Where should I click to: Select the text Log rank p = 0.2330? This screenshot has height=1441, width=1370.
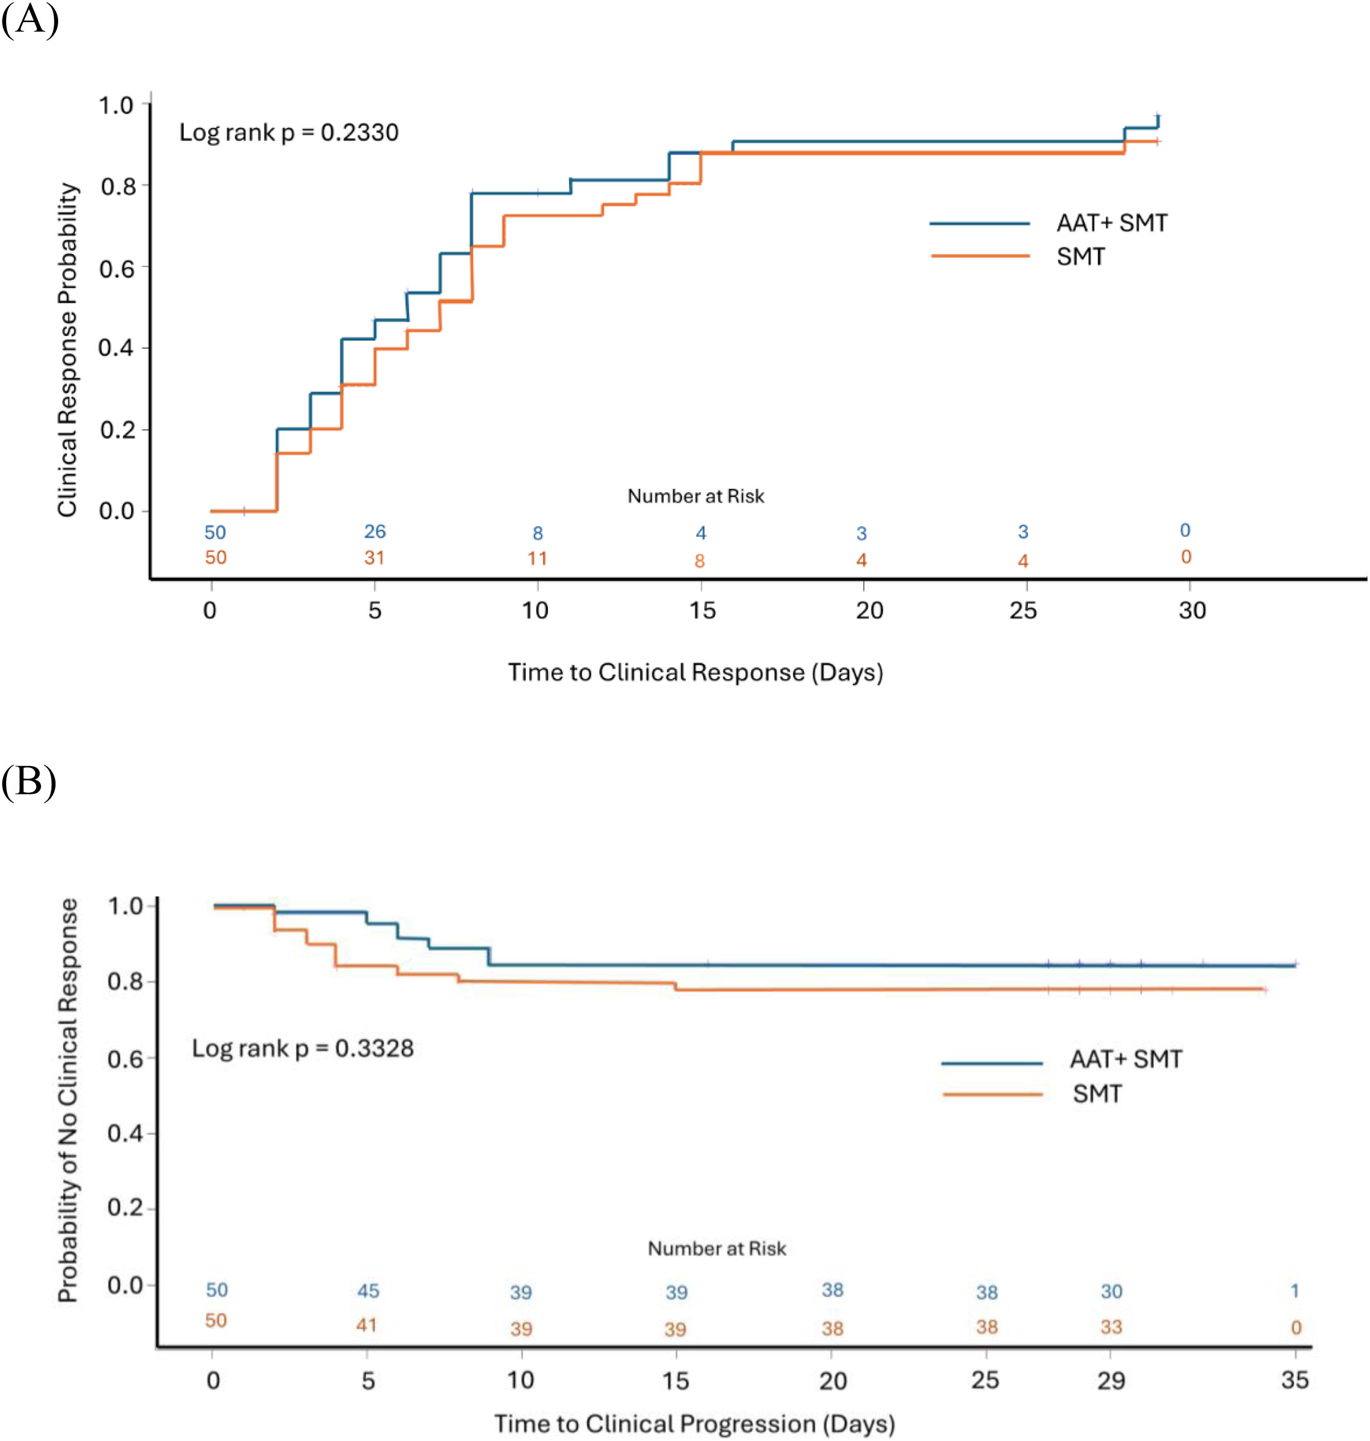(x=289, y=132)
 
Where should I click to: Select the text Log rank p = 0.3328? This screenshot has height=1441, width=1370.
(x=302, y=1048)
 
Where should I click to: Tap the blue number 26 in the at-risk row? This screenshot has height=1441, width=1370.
(x=375, y=531)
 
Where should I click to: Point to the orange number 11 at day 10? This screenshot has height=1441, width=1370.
(x=538, y=559)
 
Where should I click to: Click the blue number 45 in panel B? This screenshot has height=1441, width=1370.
(x=368, y=1290)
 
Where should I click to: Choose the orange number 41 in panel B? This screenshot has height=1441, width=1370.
(x=367, y=1324)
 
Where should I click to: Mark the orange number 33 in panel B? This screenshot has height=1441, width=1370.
(x=1111, y=1326)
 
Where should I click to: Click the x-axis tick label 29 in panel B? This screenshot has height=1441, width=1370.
(x=1111, y=1380)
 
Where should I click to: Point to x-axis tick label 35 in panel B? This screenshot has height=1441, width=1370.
(x=1295, y=1380)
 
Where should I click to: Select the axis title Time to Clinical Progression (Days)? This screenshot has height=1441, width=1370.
(x=695, y=1424)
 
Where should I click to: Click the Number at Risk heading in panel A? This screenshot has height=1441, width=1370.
(x=696, y=496)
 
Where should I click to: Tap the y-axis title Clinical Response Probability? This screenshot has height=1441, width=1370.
(x=67, y=350)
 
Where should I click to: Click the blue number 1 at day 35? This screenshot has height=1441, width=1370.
(x=1295, y=1290)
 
